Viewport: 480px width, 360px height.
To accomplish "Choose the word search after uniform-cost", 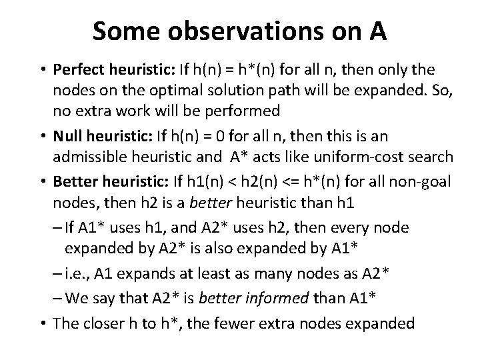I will [431, 158].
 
